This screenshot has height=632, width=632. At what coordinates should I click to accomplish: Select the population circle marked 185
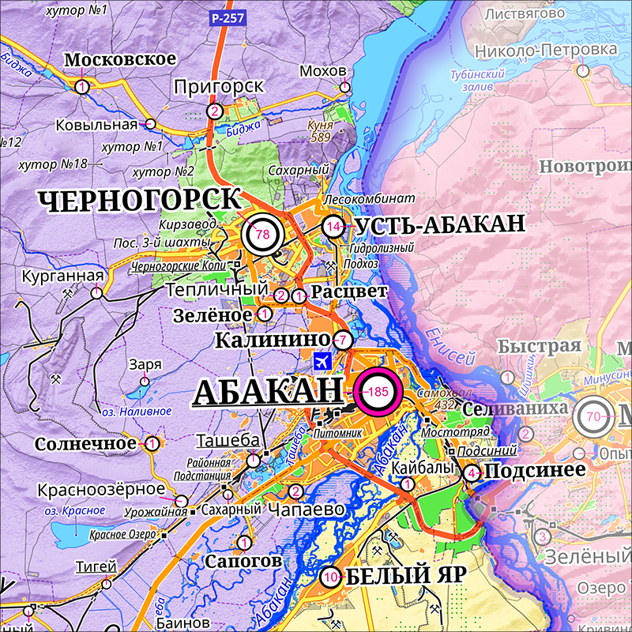click(x=378, y=391)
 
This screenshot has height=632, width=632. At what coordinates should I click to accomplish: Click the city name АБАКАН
click(x=268, y=392)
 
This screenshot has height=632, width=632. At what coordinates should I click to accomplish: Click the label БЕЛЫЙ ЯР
click(x=399, y=575)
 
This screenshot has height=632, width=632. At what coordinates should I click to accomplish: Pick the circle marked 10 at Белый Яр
click(x=330, y=577)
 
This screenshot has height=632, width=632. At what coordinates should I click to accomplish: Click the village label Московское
click(x=119, y=60)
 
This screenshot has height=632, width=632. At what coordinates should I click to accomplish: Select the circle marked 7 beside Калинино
click(x=342, y=340)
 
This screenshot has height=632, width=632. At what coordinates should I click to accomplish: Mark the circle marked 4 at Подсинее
click(x=472, y=473)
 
